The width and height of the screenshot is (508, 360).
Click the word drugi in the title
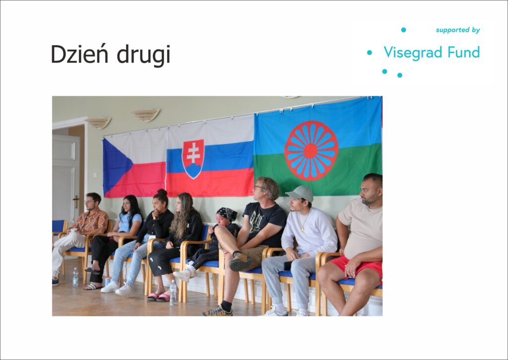[143, 55]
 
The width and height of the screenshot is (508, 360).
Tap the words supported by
[458, 30]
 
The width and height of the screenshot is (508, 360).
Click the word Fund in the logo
[464, 52]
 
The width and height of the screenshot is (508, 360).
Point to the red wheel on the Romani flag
[312, 151]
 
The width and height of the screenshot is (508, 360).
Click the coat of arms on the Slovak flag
[193, 159]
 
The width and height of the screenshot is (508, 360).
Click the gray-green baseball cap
[300, 193]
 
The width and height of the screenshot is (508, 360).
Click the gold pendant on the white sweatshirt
[303, 229]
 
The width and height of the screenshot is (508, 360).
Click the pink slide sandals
[158, 297]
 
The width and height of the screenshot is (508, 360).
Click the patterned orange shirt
[91, 222]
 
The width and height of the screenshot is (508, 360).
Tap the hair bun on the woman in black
[162, 192]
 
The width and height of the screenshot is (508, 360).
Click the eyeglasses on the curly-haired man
[258, 187]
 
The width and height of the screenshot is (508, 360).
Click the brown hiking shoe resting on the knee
[241, 261]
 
